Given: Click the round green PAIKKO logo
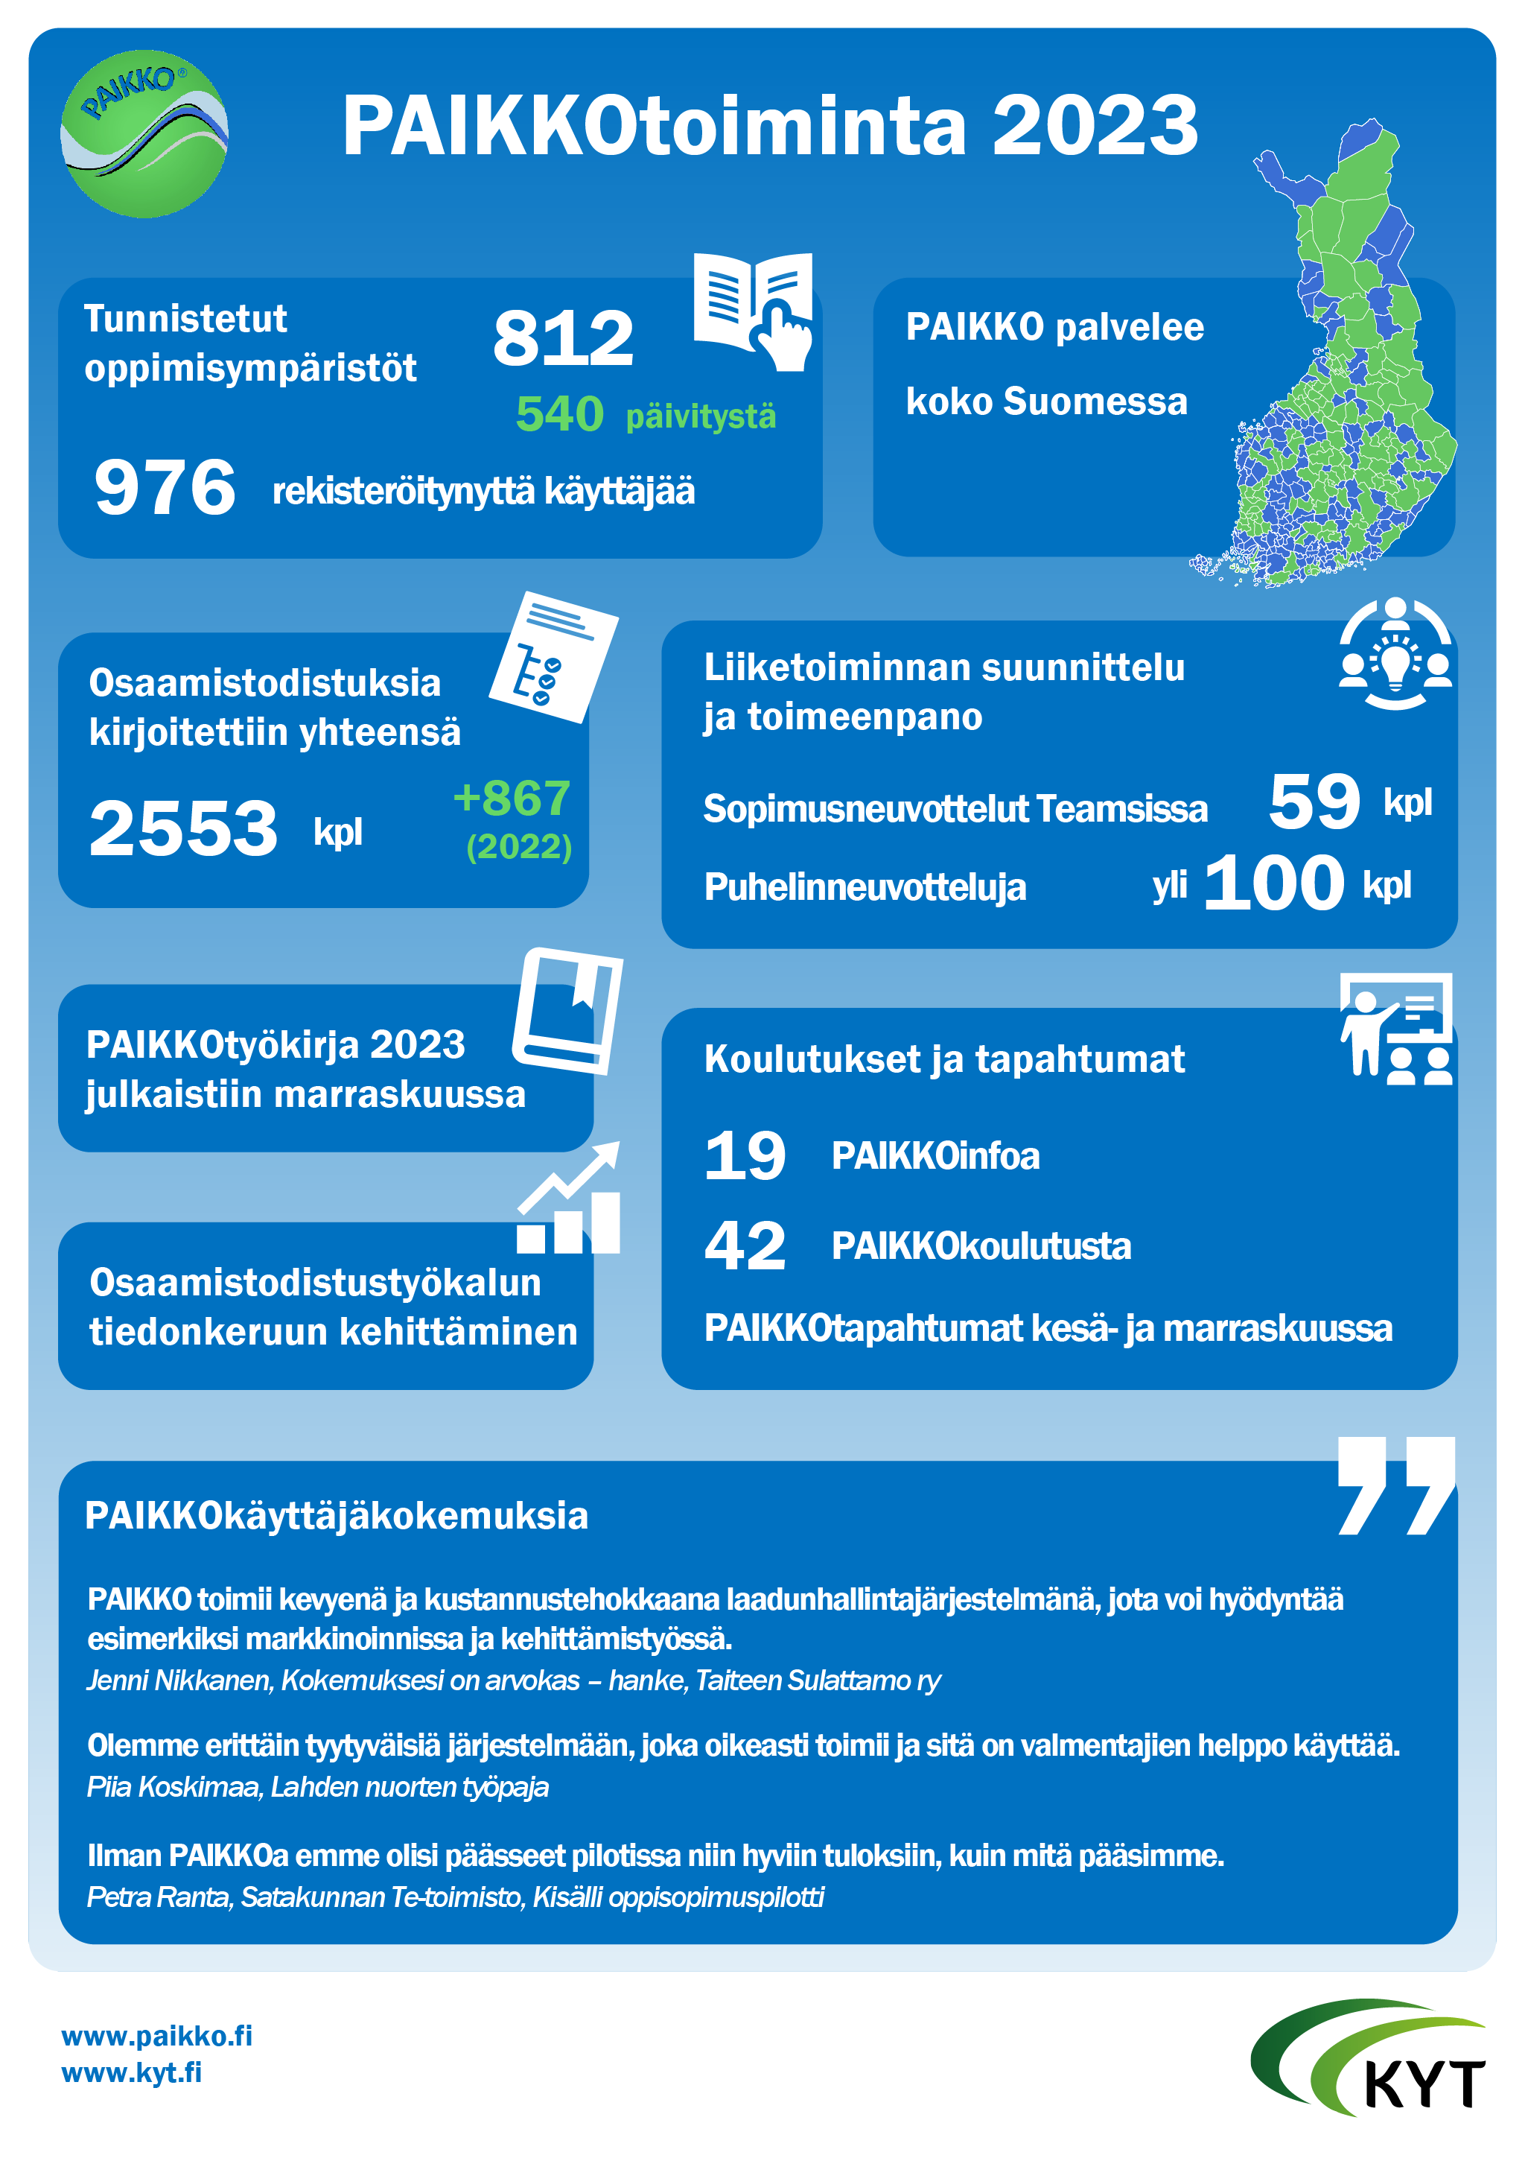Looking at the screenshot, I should click(x=144, y=133).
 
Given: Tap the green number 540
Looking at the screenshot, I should click(x=559, y=414).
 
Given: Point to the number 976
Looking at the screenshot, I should click(x=165, y=487).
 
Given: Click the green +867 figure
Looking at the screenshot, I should click(x=512, y=799).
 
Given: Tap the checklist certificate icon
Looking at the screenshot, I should click(x=553, y=657).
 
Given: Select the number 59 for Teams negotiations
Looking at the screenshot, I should click(x=1314, y=802).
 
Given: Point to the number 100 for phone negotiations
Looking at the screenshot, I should click(x=1274, y=883).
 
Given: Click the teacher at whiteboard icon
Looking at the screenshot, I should click(x=1395, y=1029).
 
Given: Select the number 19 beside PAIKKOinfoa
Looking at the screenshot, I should click(x=745, y=1155).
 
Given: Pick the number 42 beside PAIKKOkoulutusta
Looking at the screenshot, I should click(x=745, y=1245).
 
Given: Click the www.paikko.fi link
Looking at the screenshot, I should click(x=157, y=2036).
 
